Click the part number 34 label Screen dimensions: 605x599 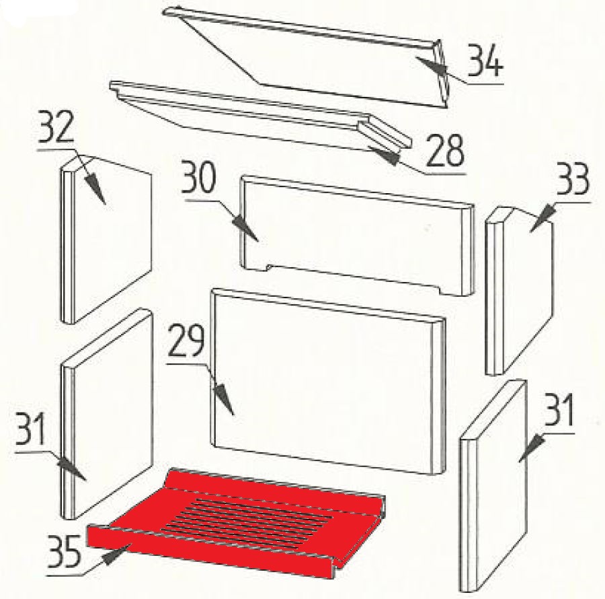click(485, 61)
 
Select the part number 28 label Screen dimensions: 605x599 click(445, 151)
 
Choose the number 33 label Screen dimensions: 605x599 click(571, 180)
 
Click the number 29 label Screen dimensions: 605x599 click(186, 341)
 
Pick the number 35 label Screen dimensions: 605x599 click(65, 551)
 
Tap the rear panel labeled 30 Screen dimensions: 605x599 click(357, 236)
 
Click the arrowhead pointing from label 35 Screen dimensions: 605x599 click(116, 555)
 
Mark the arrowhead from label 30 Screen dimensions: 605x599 click(245, 229)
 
